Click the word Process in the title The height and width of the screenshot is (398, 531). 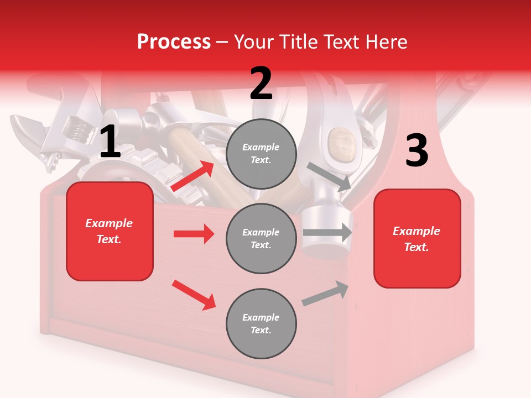pos(174,41)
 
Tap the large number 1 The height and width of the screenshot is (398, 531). pos(110,142)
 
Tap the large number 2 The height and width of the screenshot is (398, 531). pos(261,83)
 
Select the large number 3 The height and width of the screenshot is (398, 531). pos(417,151)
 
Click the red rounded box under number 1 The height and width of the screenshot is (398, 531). pos(110,231)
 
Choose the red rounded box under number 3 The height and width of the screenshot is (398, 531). pos(417,239)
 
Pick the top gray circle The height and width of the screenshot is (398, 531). pos(261,154)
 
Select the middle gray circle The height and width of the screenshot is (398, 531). pos(261,239)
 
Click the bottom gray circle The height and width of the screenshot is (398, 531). pos(261,324)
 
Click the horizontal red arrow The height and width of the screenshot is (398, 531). pos(194,234)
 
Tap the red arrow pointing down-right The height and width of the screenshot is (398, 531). pos(194,295)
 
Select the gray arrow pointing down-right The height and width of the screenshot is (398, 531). pos(330,176)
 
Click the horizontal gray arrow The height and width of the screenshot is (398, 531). pos(327,232)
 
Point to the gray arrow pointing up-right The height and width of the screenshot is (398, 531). pos(326,293)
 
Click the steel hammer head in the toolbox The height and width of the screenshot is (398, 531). pos(326,227)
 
